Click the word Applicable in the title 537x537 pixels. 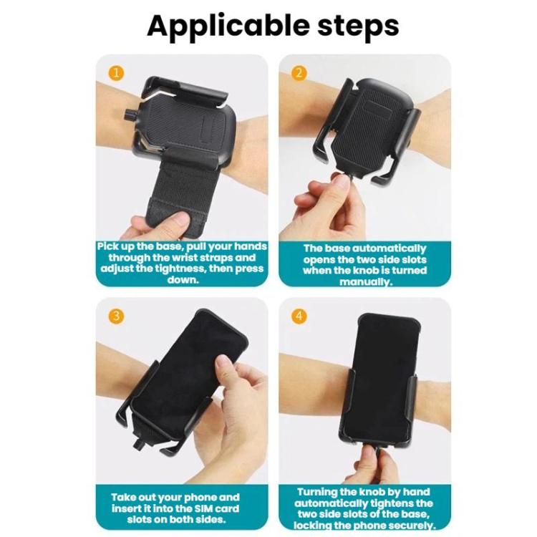[228, 26]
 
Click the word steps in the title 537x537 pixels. [358, 26]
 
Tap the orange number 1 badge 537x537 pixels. [117, 73]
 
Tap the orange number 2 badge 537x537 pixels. [299, 73]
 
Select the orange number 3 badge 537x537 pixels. [117, 316]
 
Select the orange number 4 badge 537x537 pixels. [299, 316]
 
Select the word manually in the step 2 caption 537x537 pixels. [365, 282]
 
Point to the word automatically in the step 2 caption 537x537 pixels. [389, 248]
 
